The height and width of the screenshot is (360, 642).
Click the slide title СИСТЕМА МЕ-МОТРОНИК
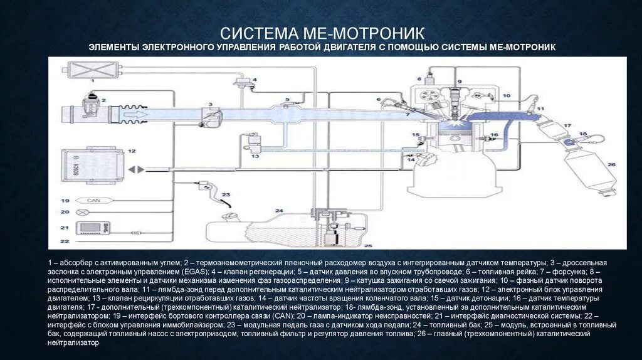[x=321, y=32]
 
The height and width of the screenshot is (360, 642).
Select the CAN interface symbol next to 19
[x=93, y=201]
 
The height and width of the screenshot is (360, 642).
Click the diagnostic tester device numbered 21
[x=88, y=228]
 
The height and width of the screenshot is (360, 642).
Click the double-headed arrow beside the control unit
[x=136, y=169]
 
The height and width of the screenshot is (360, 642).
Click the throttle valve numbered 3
[x=211, y=115]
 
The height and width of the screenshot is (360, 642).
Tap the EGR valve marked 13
[x=255, y=142]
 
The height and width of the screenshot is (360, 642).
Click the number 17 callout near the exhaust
[x=567, y=126]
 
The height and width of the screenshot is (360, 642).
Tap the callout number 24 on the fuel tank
[x=279, y=211]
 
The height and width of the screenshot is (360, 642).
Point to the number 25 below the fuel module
[x=368, y=245]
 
